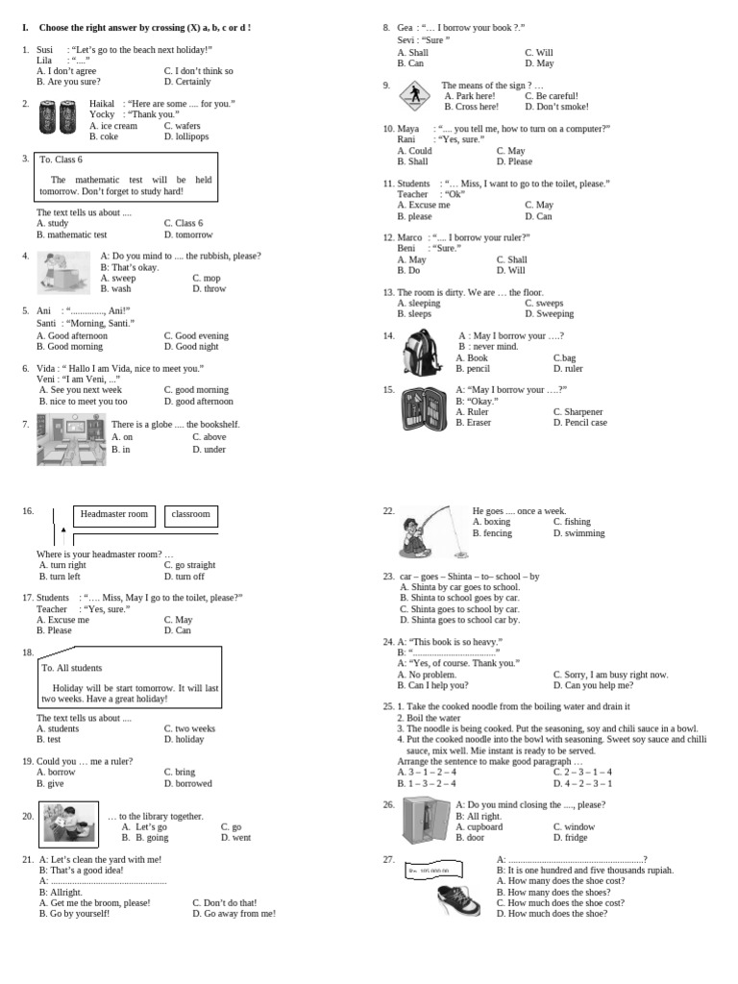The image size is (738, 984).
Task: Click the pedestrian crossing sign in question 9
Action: (415, 95)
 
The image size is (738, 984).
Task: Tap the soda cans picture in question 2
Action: (57, 118)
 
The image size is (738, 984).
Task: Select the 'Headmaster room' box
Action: (114, 514)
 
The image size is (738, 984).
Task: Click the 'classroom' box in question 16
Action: (190, 514)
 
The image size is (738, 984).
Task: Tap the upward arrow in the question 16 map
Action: (63, 529)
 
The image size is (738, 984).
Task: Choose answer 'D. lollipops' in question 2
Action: (186, 136)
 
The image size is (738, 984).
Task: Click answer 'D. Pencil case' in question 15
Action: (579, 422)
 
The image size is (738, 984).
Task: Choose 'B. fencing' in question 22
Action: (492, 532)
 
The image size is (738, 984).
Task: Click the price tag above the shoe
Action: (431, 870)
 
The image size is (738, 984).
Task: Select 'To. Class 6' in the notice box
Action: (61, 160)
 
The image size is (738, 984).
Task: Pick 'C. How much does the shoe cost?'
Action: (559, 902)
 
